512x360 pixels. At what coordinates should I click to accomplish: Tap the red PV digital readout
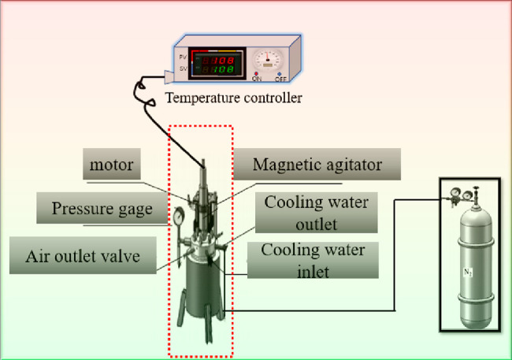pos(214,58)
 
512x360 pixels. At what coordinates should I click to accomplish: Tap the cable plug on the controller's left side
pos(167,76)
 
